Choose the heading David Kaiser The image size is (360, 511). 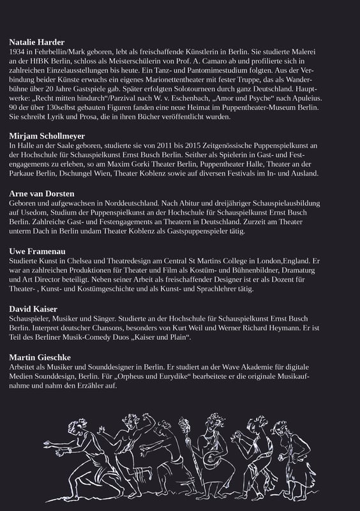point(33,308)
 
